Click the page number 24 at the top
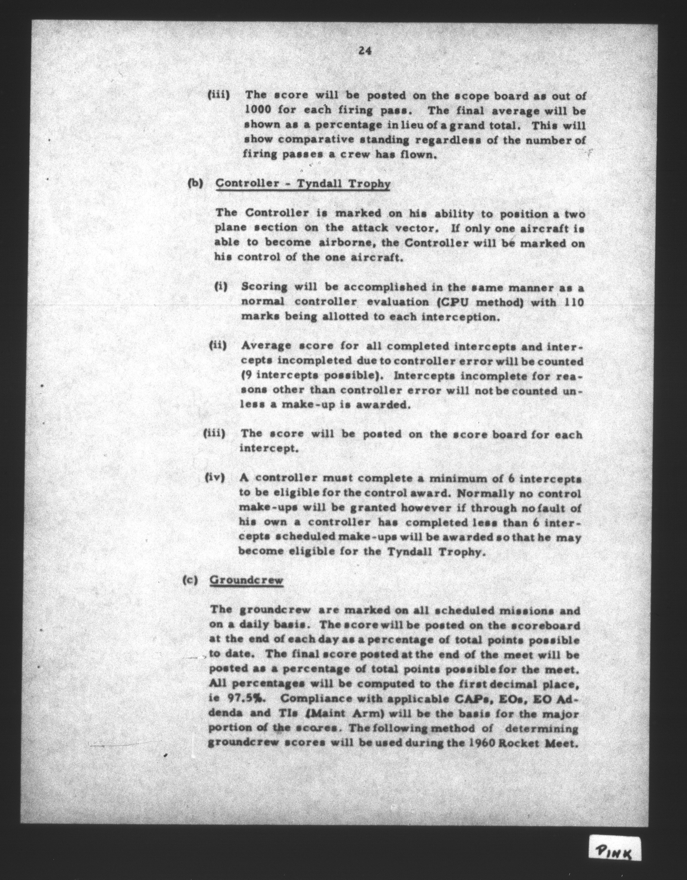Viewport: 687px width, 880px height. pos(364,51)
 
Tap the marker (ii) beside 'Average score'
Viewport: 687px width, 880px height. pos(218,345)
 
